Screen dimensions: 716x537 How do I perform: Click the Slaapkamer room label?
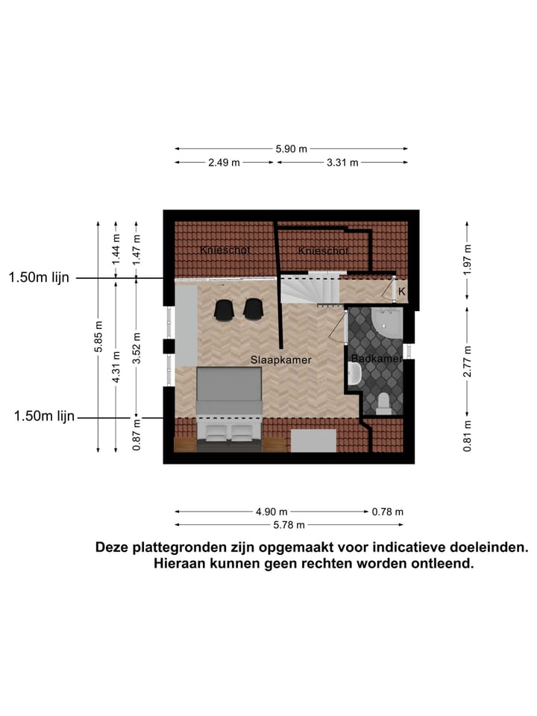(280, 359)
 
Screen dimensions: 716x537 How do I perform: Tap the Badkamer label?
(377, 359)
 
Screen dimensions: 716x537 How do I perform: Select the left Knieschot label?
(224, 251)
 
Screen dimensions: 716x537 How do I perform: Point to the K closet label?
(401, 291)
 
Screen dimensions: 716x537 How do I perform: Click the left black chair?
(224, 309)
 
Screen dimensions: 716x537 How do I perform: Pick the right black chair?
(254, 309)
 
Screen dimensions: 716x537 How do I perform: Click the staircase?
(310, 288)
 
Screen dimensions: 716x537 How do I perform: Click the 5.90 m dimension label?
(291, 148)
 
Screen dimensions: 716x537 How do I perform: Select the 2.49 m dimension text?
(224, 163)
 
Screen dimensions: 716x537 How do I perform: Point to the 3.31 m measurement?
(342, 163)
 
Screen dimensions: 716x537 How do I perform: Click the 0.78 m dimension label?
(387, 512)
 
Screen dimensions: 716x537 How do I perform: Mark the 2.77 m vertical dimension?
(467, 361)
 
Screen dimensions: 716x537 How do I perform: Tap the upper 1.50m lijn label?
(39, 277)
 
